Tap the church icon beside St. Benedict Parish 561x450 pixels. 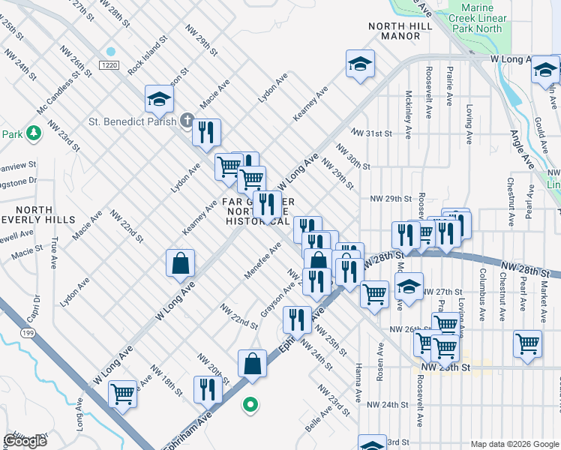point(187,121)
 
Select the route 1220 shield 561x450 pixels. point(109,66)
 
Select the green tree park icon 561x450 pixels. point(33,133)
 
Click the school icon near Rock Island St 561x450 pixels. point(159,98)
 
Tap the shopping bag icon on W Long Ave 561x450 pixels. point(180,263)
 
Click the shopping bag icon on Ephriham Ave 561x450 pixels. point(253,364)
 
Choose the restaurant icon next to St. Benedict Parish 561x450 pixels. point(206,132)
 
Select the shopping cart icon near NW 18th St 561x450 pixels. point(121,393)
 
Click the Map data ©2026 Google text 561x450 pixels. point(514,444)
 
